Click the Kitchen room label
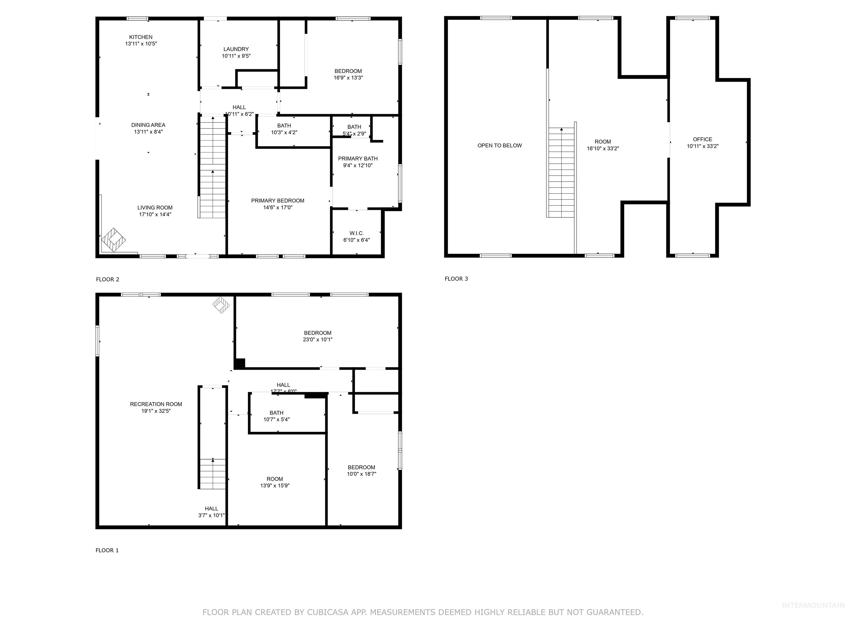click(141, 37)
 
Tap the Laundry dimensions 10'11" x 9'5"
click(236, 56)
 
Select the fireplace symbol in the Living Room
click(113, 240)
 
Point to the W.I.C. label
click(356, 233)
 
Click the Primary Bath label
click(358, 158)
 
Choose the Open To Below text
click(500, 146)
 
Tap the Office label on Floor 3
click(702, 140)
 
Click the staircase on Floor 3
click(561, 172)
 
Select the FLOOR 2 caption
click(107, 279)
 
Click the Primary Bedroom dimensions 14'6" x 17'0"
click(278, 207)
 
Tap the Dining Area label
click(148, 125)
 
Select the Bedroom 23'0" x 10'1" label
click(318, 333)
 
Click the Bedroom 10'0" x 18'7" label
click(361, 467)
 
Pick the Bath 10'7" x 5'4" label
click(276, 413)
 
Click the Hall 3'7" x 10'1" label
click(211, 509)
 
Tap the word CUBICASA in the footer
click(328, 612)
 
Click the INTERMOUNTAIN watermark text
click(813, 605)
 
